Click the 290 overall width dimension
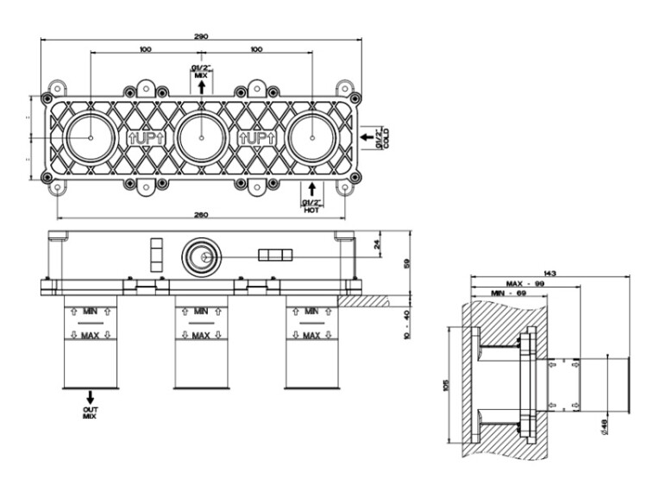click(201, 36)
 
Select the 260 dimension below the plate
click(201, 214)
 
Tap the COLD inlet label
click(383, 137)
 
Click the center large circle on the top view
click(200, 137)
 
